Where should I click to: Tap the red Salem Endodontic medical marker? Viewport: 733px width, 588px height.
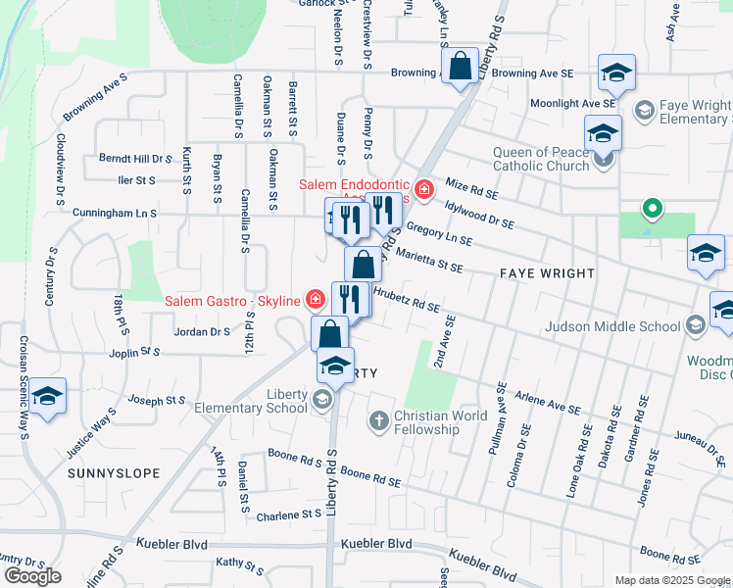[423, 189]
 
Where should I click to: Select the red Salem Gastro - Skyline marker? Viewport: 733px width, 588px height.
[315, 299]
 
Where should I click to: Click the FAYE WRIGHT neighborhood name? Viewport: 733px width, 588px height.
[548, 272]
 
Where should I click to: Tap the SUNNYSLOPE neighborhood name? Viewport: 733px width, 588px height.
[114, 473]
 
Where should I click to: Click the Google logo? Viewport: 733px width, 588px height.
[32, 576]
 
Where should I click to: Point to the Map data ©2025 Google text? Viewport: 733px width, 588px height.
[672, 580]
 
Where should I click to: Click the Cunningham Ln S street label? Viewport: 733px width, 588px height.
[114, 212]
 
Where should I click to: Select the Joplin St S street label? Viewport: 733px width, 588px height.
[135, 351]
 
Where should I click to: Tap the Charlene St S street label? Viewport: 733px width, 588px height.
[289, 514]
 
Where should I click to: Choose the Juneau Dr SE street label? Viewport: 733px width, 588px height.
[700, 446]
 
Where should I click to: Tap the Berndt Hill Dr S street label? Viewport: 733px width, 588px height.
[135, 158]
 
